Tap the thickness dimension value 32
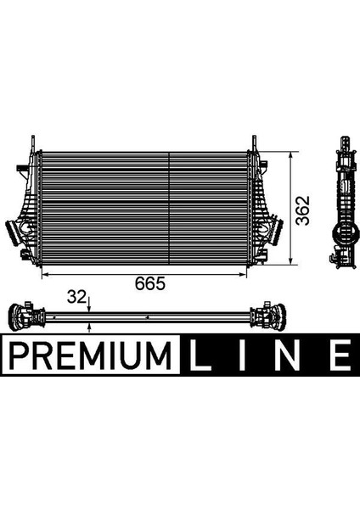(x=76, y=297)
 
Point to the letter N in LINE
(x=291, y=354)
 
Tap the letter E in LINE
(x=339, y=354)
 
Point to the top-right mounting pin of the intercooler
(x=252, y=142)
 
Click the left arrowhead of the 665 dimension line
(x=46, y=273)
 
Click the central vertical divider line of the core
(x=171, y=208)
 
